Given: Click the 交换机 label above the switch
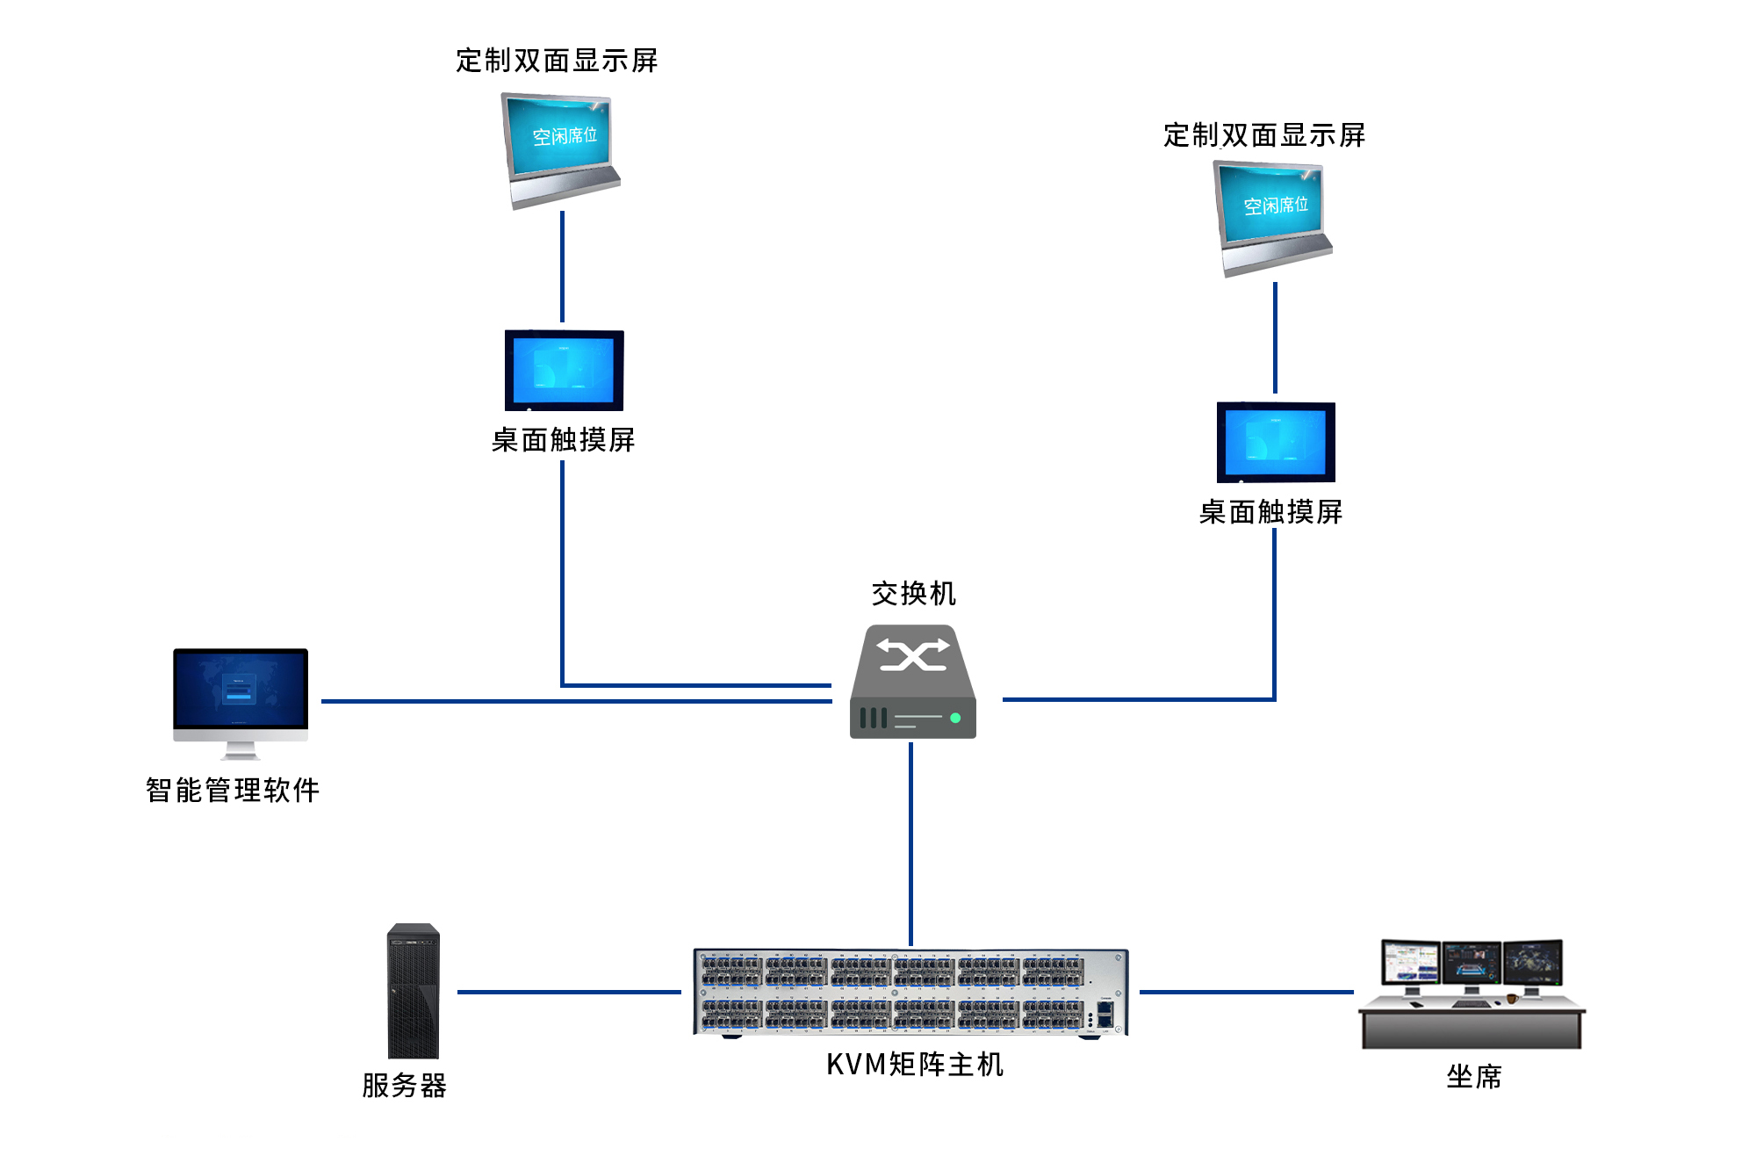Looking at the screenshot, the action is coord(913,594).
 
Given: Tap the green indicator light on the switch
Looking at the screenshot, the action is coord(955,718).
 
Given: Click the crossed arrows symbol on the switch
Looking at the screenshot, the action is coord(913,655).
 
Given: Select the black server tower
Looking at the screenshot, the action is coord(414,991).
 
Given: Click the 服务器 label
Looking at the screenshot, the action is coord(405,1086).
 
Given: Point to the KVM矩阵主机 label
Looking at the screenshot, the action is coord(915,1065).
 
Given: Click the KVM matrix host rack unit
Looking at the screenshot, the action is coord(911,993).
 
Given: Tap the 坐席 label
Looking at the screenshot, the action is coord(1474,1077).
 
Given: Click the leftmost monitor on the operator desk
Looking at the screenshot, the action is coord(1411,964).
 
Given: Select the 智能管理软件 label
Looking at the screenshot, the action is coord(233,791).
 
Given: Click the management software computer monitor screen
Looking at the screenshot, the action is coord(241,690).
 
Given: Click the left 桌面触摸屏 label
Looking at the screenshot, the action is coord(564,440).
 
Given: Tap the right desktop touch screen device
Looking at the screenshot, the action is coord(1276,443).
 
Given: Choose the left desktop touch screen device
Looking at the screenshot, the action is coord(564,371).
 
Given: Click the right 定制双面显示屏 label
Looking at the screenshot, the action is coord(1264,135).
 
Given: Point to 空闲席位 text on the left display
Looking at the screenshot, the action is coord(565,136).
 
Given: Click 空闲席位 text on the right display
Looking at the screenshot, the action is coord(1276,206).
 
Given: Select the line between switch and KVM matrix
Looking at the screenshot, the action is coord(911,844).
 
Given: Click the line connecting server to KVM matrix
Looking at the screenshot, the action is coord(569,992).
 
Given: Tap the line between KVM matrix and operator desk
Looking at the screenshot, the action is coord(1247,992).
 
